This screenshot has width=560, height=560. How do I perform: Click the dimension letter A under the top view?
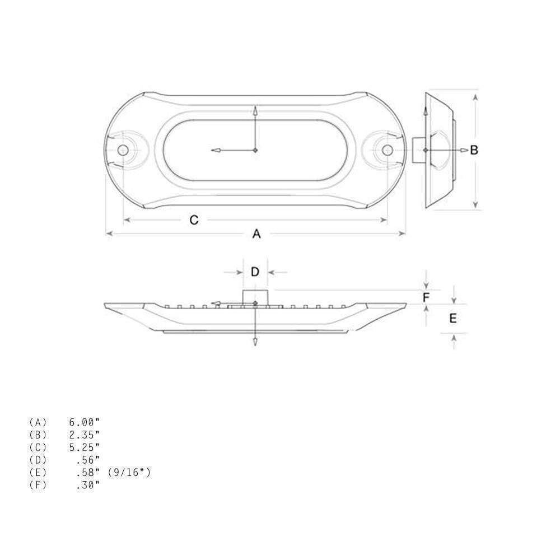256,234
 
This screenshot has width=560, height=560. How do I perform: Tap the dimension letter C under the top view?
194,220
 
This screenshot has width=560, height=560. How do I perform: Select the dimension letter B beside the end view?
474,150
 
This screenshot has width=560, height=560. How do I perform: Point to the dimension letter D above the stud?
255,272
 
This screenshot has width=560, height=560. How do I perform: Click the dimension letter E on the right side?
453,318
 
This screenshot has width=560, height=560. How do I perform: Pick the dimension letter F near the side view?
426,298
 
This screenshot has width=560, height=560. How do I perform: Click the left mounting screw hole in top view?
122,150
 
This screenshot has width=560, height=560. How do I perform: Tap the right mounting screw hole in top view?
387,150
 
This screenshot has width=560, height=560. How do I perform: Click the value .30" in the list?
87,484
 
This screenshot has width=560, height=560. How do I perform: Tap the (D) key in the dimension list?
38,459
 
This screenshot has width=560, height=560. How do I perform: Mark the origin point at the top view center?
255,150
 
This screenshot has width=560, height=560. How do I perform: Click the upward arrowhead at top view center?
255,110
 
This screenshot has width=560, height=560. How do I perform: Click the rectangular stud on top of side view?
255,297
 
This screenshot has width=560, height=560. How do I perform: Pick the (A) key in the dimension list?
38,422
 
